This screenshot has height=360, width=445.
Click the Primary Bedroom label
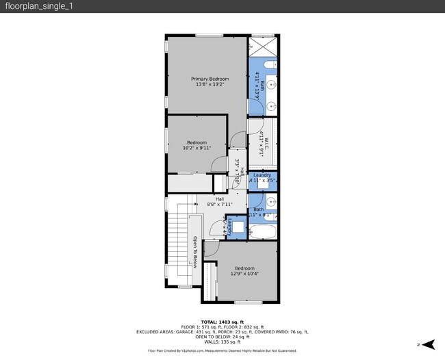click(209, 79)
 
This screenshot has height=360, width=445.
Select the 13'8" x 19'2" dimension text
click(209, 85)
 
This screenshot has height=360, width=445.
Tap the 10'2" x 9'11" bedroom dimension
click(196, 147)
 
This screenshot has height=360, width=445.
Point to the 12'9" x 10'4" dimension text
click(244, 274)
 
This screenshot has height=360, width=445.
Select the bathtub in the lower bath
click(262, 231)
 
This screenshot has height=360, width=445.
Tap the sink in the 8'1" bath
click(270, 202)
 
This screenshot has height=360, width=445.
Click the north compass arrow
click(428, 344)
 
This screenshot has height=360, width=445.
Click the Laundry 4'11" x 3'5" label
click(262, 178)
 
